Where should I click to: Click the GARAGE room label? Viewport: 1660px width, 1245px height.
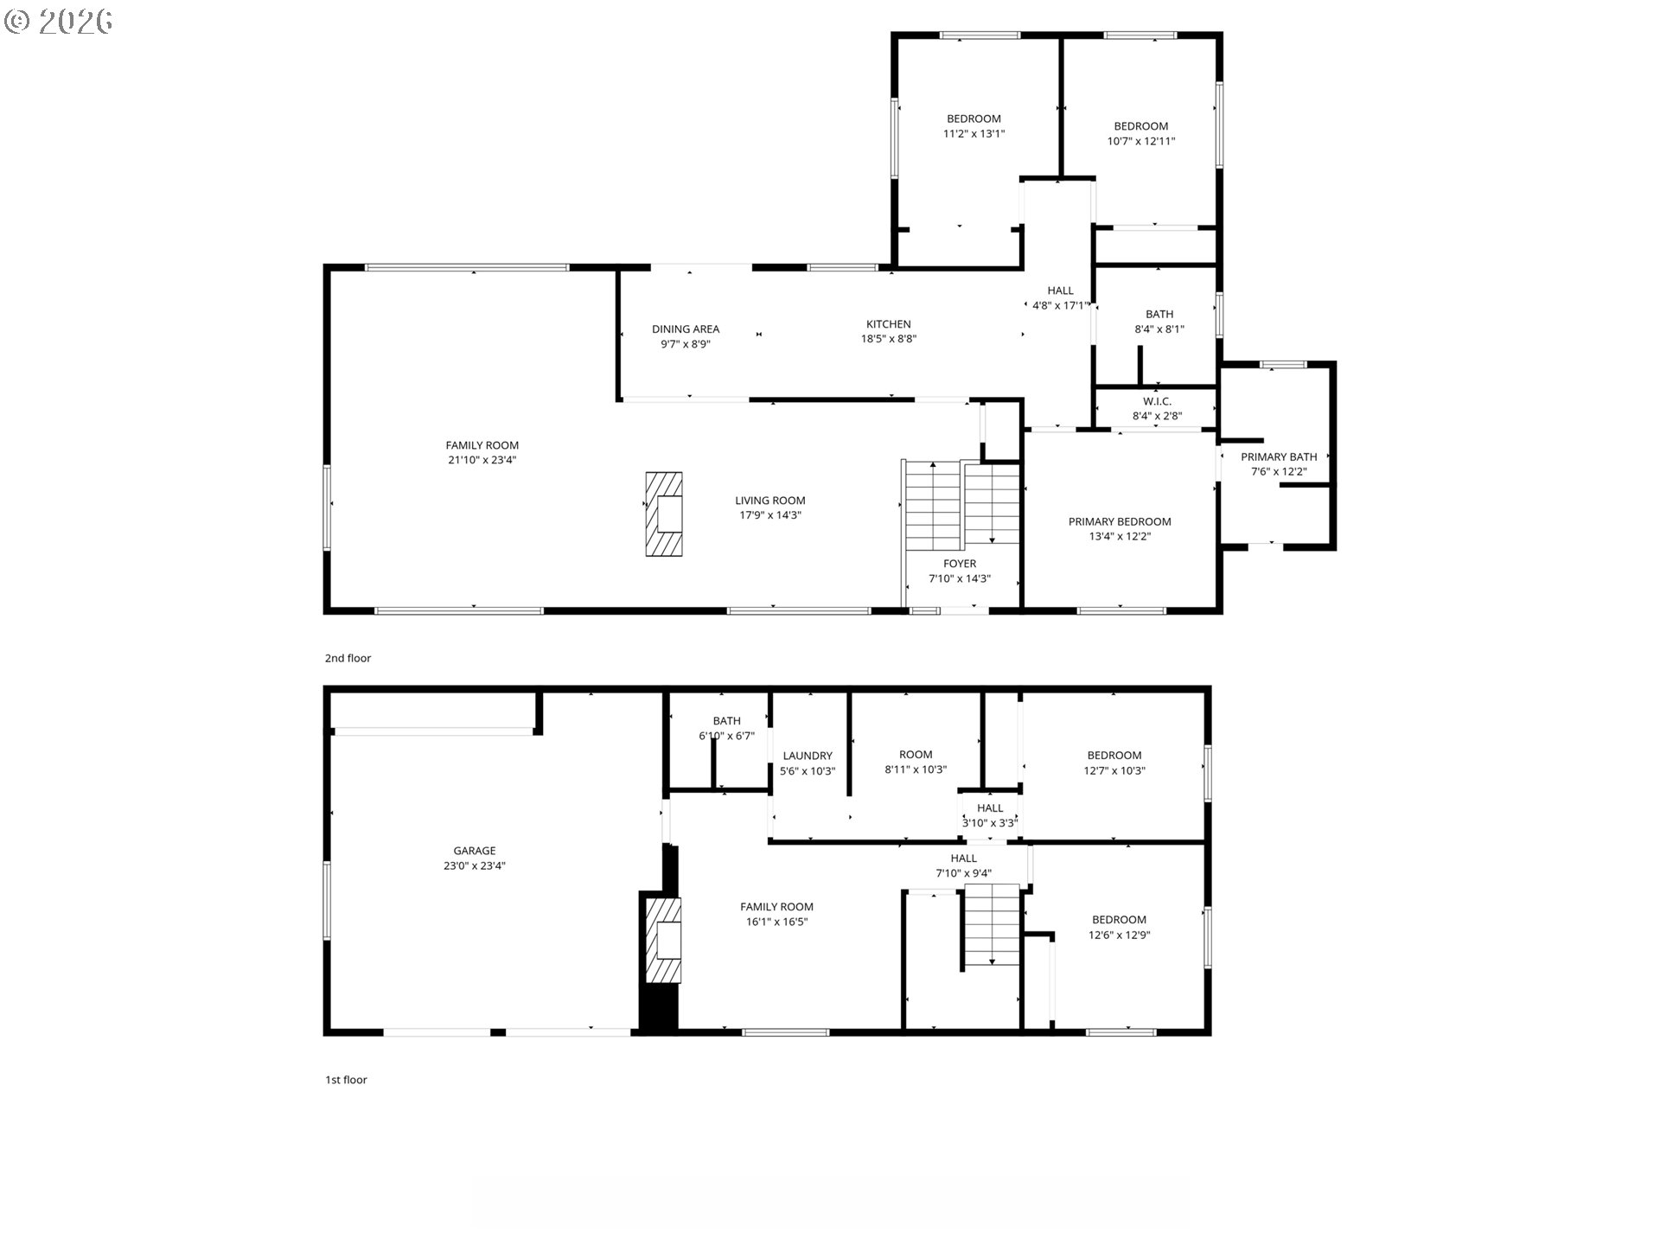coord(475,851)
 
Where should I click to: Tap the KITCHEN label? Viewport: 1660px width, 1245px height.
coord(889,324)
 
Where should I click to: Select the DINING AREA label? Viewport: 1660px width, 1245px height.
coord(686,329)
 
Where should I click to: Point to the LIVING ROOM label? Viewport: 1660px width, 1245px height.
coord(770,500)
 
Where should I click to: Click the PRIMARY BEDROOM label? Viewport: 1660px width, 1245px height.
coord(1120,521)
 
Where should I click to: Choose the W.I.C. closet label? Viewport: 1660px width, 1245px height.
coord(1158,401)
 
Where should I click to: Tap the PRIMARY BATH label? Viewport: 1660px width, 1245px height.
coord(1279,456)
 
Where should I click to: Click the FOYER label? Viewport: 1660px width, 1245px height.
coord(960,564)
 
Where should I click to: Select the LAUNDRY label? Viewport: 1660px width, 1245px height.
coord(808,756)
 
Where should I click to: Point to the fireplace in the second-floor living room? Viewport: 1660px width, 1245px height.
coord(664,514)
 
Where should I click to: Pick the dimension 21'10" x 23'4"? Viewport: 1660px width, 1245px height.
coord(482,460)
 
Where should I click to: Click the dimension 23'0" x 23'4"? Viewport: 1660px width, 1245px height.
coord(475,865)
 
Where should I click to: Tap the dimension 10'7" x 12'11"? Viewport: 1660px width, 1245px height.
coord(1141,141)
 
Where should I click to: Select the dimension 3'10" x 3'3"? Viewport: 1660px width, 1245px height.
coord(990,823)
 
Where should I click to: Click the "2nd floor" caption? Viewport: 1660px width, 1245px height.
coord(348,658)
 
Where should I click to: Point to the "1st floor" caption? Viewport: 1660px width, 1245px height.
coord(346,1080)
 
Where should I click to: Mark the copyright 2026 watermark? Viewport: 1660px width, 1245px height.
coord(58,21)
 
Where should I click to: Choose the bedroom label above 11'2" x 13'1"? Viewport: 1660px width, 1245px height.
coord(974,118)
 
